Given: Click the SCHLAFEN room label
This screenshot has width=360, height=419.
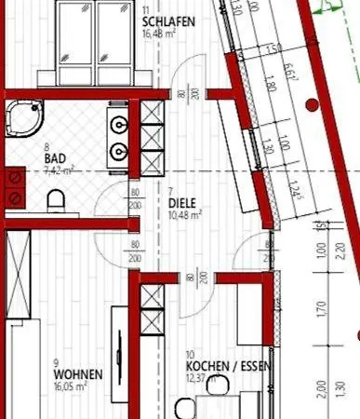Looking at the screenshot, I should point(168,21).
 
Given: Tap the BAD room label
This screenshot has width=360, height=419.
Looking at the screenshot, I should point(55,159).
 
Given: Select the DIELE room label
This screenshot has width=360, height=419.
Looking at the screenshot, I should point(183,201).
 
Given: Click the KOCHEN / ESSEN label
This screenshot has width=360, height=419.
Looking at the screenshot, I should point(228,366).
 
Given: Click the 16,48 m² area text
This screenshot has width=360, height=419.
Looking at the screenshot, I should point(160,34).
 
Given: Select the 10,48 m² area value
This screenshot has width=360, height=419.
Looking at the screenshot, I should point(186,214).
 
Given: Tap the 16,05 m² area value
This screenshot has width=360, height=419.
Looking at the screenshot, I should point(71,385).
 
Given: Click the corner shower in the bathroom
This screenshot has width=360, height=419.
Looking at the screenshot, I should point(22,119).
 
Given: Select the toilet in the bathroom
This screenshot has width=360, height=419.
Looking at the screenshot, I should point(56,199).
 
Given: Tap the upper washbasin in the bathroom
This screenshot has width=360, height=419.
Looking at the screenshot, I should point(118,124).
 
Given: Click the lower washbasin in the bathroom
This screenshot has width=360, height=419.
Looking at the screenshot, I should point(118,151).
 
